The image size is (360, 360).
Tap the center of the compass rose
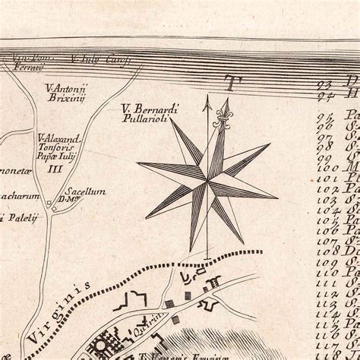coord(207,181)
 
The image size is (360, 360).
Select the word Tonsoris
coord(52,149)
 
